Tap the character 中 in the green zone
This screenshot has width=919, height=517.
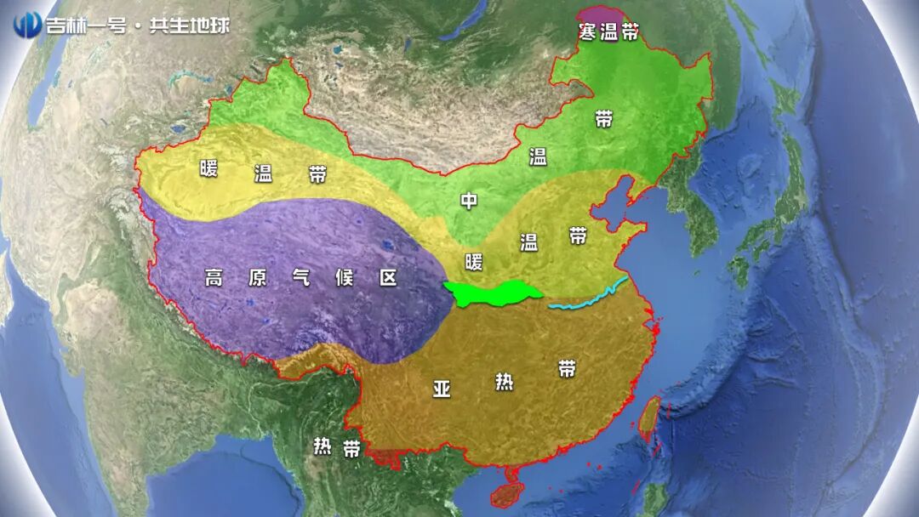(x=469, y=202)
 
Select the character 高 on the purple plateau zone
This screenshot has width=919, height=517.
(x=214, y=277)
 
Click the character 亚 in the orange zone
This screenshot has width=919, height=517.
(x=442, y=389)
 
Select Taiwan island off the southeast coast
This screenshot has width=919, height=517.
(x=649, y=418)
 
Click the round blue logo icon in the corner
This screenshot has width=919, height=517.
(x=27, y=23)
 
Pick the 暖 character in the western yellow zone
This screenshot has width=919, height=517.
(x=209, y=168)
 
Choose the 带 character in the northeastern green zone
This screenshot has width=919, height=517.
(x=603, y=119)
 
